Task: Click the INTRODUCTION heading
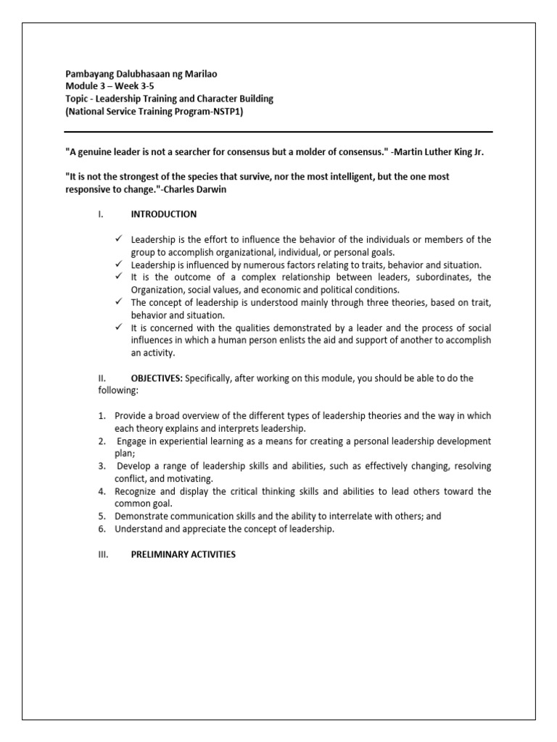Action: pyautogui.click(x=163, y=214)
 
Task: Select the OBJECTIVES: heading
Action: pyautogui.click(x=157, y=378)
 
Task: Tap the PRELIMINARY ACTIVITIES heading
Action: pyautogui.click(x=183, y=554)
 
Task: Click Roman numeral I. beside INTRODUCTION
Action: pyautogui.click(x=101, y=214)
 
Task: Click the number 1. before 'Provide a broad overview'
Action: pyautogui.click(x=102, y=415)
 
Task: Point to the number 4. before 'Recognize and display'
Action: pyautogui.click(x=102, y=491)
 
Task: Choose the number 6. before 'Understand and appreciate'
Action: pyautogui.click(x=102, y=529)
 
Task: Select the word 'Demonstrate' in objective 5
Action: pyautogui.click(x=142, y=517)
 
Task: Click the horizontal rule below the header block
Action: pyautogui.click(x=278, y=132)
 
